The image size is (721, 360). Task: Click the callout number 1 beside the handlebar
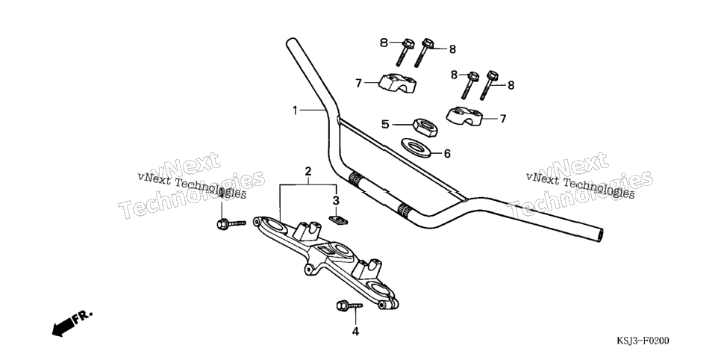tap(296, 110)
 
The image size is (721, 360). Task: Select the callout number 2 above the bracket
tap(308, 172)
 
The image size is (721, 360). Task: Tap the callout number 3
tap(336, 200)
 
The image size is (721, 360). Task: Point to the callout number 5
tap(385, 124)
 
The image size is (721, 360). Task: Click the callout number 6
tap(447, 154)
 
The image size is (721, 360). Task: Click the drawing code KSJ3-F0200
tap(643, 341)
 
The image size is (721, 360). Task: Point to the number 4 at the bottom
tap(355, 331)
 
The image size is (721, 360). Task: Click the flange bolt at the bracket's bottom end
tap(349, 305)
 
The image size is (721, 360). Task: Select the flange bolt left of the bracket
tap(231, 224)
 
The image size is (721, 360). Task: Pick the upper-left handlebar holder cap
tap(397, 83)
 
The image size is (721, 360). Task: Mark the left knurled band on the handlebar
tap(355, 179)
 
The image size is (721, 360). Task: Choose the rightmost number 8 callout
tap(511, 85)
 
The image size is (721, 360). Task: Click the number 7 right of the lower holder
tap(503, 119)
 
